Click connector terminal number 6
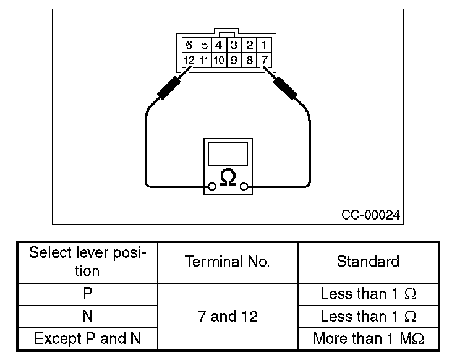click(189, 45)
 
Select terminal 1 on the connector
click(264, 45)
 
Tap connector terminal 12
click(189, 60)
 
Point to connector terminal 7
click(264, 60)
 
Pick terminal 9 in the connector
click(234, 60)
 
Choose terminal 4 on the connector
click(219, 45)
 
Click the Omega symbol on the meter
click(228, 178)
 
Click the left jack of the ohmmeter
click(212, 186)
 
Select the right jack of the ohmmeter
click(244, 186)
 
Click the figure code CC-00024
click(371, 215)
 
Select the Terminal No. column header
click(228, 262)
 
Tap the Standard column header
click(368, 262)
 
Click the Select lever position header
click(87, 262)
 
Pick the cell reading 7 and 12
click(228, 317)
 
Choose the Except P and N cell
click(87, 339)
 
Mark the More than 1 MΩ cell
click(368, 339)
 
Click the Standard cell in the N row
click(368, 317)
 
